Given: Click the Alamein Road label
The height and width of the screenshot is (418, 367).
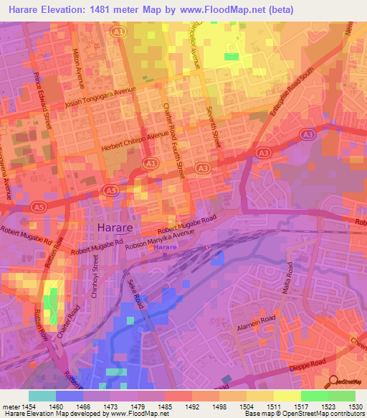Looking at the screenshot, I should (257, 320).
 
